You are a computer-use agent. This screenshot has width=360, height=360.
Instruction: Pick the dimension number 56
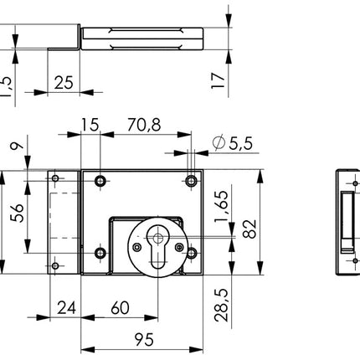tap(15, 216)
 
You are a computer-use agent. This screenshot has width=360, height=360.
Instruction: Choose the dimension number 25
tap(61, 82)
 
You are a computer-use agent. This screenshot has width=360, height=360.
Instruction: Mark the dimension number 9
tap(15, 151)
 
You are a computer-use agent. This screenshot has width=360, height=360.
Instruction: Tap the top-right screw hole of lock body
tap(193, 179)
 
